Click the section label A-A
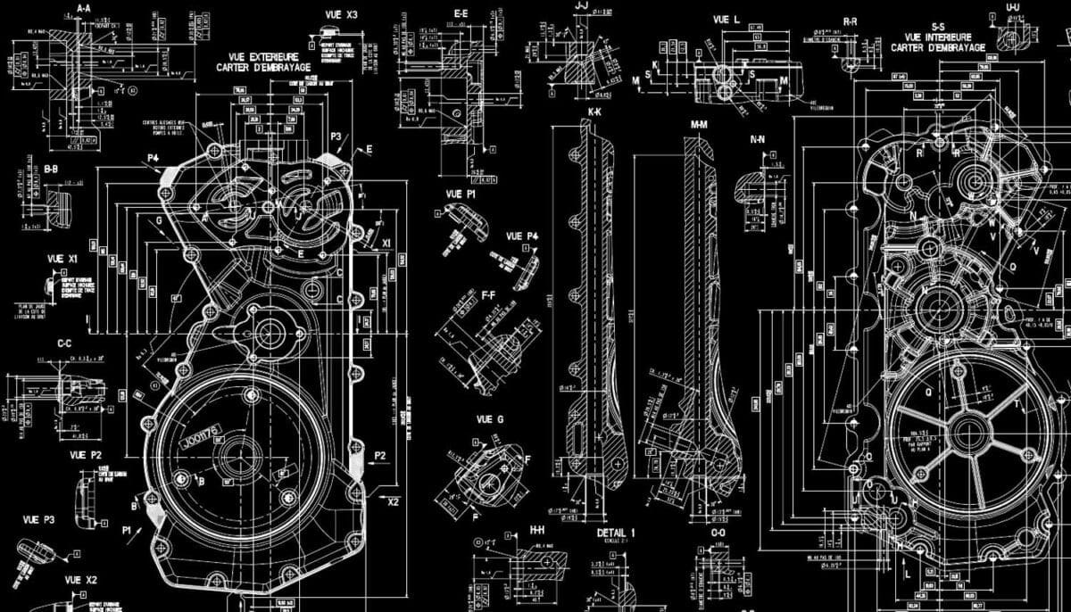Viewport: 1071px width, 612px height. coord(84,8)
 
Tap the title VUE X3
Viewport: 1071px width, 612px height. coord(339,15)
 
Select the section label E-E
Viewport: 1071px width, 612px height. coord(461,13)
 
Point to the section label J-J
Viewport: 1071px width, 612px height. coord(581,6)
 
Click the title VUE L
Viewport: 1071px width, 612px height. coord(726,19)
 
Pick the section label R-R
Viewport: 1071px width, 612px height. coord(851,20)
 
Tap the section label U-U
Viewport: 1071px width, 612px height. coord(1013,7)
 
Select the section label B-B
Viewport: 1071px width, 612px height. coord(51,168)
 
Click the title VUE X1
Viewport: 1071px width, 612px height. coord(62,259)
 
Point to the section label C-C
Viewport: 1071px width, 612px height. coord(64,343)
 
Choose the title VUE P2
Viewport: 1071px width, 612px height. coord(86,455)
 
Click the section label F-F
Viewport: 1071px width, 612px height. coord(488,294)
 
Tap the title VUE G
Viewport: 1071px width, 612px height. coord(490,419)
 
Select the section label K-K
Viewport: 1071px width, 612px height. coord(594,113)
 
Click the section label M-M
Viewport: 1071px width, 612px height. coord(699,124)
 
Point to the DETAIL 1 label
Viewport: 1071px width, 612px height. coord(616,533)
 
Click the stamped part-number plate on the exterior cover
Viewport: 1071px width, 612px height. coord(200,437)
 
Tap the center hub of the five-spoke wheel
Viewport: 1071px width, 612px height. coord(967,433)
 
